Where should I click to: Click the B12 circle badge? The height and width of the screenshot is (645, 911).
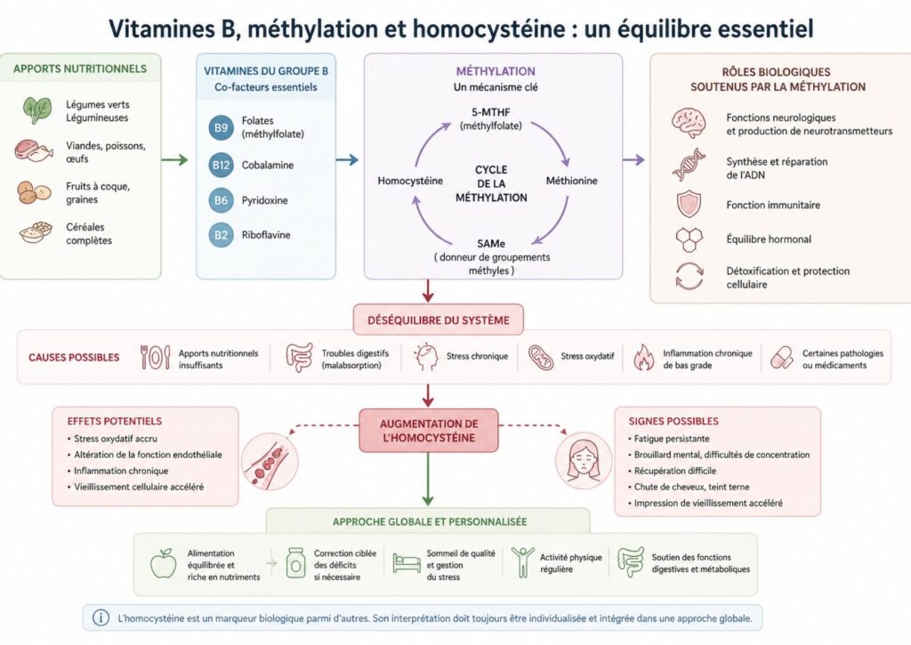[221, 165]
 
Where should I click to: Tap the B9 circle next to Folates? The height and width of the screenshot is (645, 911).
[221, 127]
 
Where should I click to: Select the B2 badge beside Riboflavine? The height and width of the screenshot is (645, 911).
[221, 235]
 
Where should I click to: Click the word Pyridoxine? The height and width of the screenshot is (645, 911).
[265, 200]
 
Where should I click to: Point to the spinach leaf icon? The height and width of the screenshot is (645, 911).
[37, 109]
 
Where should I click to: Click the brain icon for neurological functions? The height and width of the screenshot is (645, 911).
[689, 123]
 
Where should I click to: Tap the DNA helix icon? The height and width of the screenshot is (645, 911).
[689, 165]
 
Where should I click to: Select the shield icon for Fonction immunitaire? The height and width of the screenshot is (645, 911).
[689, 205]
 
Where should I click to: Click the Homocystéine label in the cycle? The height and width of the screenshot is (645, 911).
[410, 181]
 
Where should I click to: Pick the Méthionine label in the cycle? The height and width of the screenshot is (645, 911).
[572, 181]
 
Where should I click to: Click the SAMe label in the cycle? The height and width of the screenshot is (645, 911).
[491, 244]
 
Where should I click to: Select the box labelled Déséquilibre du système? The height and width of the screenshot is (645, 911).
[438, 319]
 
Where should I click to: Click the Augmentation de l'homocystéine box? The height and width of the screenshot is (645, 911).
[429, 431]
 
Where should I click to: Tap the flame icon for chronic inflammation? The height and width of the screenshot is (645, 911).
[643, 358]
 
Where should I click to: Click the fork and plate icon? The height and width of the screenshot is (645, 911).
[155, 358]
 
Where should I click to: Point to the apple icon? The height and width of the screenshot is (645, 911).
[164, 563]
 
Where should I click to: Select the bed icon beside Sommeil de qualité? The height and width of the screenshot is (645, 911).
[407, 562]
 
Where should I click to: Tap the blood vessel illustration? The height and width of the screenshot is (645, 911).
[270, 462]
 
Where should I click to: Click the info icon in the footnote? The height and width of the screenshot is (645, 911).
[101, 617]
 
